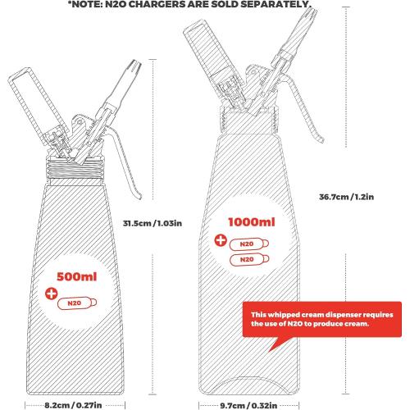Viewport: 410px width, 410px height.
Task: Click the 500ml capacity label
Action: pyautogui.click(x=77, y=277)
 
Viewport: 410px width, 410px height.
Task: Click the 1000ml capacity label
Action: pyautogui.click(x=252, y=222)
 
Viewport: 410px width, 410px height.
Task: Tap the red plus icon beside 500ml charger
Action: pyautogui.click(x=52, y=294)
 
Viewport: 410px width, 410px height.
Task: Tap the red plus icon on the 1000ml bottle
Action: pyautogui.click(x=221, y=240)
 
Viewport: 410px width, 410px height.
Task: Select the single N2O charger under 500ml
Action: pyautogui.click(x=77, y=303)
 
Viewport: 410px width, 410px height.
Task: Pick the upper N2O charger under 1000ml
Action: pyautogui.click(x=249, y=244)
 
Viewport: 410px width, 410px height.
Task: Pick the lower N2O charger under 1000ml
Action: pyautogui.click(x=249, y=260)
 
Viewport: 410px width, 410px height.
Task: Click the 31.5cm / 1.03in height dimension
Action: pyautogui.click(x=153, y=223)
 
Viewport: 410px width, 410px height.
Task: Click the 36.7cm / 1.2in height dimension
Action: pyautogui.click(x=346, y=197)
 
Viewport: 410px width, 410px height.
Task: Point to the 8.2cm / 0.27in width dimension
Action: pyautogui.click(x=73, y=405)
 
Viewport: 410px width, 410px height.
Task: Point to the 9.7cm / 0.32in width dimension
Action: pyautogui.click(x=248, y=405)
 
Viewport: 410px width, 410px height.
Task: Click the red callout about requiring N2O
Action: pyautogui.click(x=322, y=319)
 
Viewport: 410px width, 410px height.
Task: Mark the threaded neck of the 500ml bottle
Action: pyautogui.click(x=75, y=168)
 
